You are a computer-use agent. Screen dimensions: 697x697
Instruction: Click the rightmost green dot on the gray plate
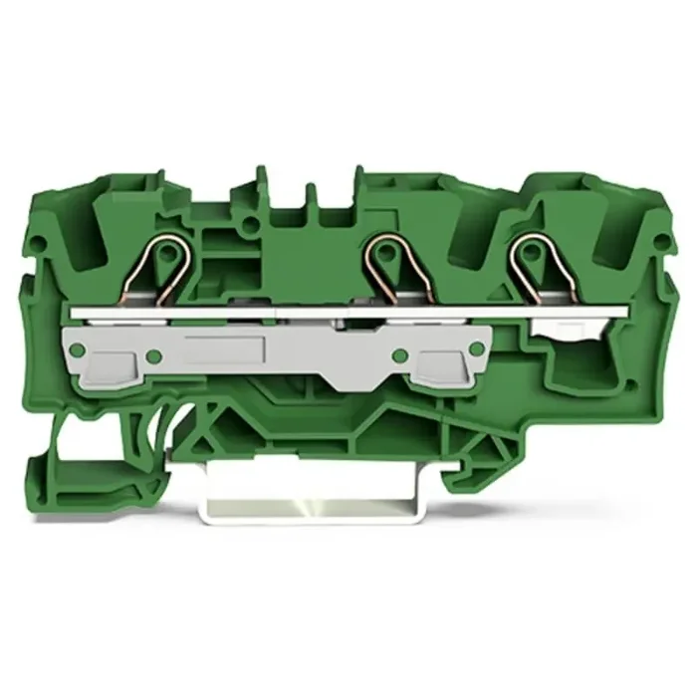[477, 348]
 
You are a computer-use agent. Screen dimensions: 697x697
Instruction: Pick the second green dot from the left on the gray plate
[152, 355]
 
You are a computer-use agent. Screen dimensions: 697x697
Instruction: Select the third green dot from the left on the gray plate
[399, 355]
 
